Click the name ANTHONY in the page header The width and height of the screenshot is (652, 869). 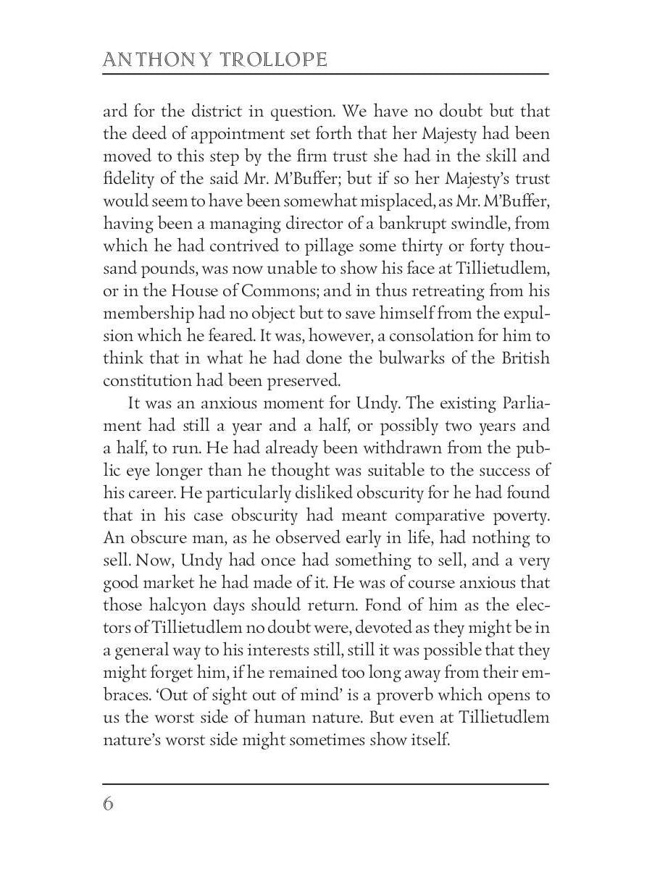148,59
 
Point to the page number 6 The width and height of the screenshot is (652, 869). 109,804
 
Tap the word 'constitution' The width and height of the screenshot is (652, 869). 148,380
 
